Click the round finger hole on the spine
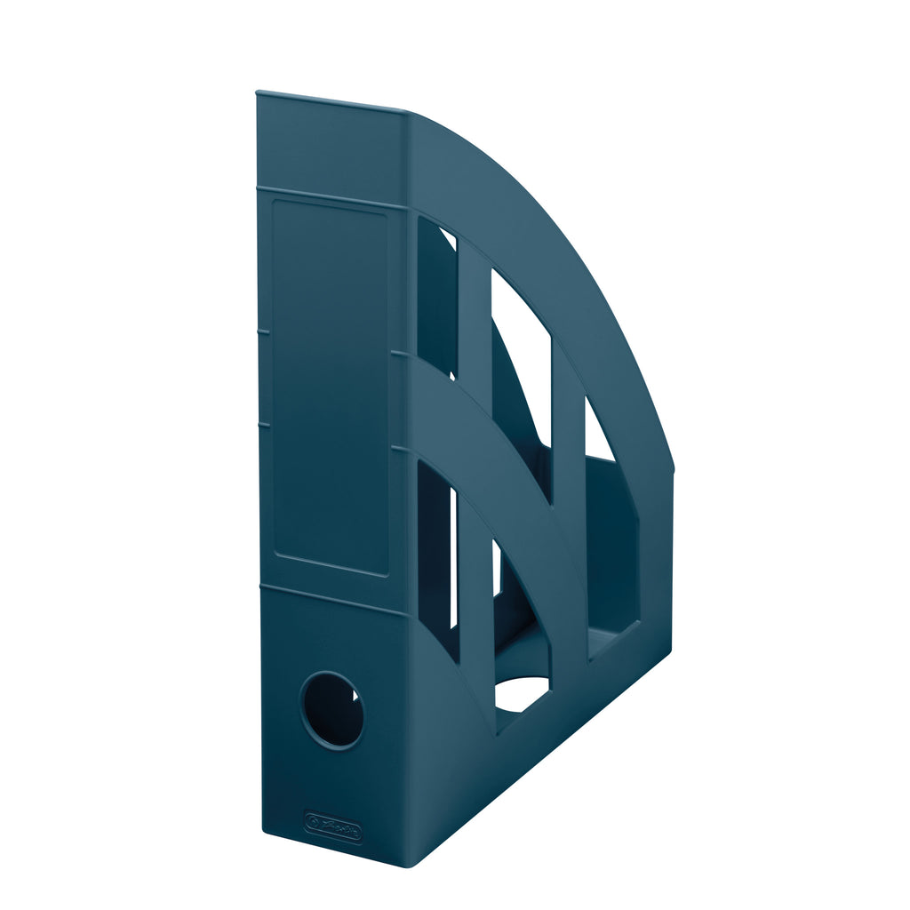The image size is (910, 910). tap(331, 709)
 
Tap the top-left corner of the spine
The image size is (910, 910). tap(258, 93)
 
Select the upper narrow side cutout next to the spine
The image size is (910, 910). tap(435, 293)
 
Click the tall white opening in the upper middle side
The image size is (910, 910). tap(521, 355)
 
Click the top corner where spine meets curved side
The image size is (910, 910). tap(407, 113)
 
